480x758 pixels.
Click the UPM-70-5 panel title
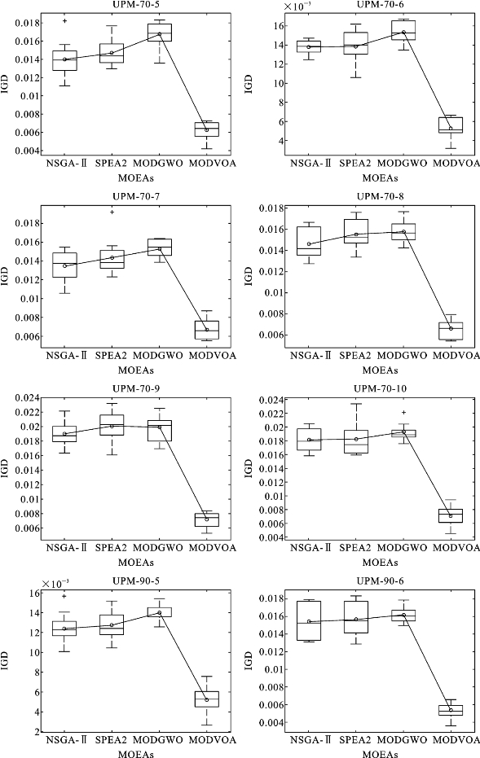[136, 5]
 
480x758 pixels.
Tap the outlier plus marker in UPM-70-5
[65, 21]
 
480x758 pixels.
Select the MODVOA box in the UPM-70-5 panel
[207, 129]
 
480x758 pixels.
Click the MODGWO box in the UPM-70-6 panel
[403, 30]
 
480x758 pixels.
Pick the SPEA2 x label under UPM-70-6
[354, 164]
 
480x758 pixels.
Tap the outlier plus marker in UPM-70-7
[112, 213]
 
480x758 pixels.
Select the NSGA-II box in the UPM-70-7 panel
[65, 265]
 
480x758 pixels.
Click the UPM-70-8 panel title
[381, 197]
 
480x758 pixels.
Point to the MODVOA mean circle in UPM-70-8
[451, 329]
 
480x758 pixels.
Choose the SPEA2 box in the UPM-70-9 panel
[112, 425]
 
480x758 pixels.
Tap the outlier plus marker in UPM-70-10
[404, 413]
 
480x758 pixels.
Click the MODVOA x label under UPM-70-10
[456, 548]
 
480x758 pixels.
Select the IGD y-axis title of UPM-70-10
[249, 468]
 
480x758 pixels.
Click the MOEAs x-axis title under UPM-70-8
[381, 370]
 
